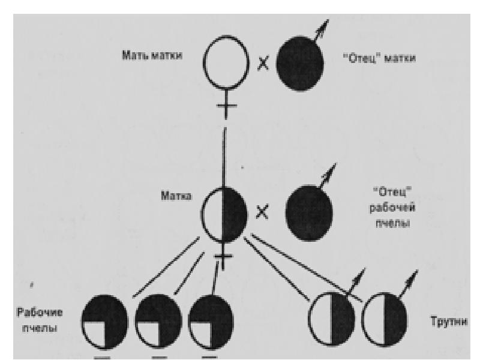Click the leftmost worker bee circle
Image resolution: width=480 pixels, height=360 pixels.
(x=104, y=322)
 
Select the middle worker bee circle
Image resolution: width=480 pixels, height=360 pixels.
(x=158, y=322)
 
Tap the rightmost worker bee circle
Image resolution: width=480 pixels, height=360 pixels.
(x=211, y=322)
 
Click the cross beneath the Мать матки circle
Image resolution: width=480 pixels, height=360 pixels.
(x=225, y=107)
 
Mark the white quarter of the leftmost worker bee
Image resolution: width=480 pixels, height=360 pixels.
(x=94, y=333)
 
